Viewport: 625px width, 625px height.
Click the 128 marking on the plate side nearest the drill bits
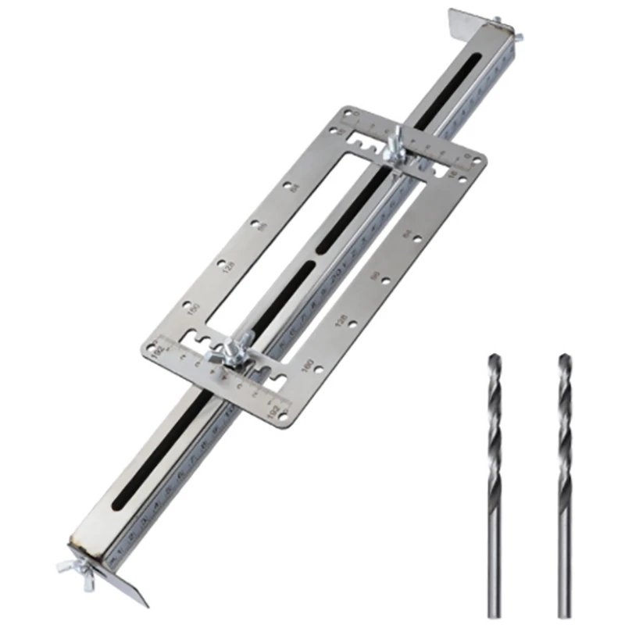point(341,320)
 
